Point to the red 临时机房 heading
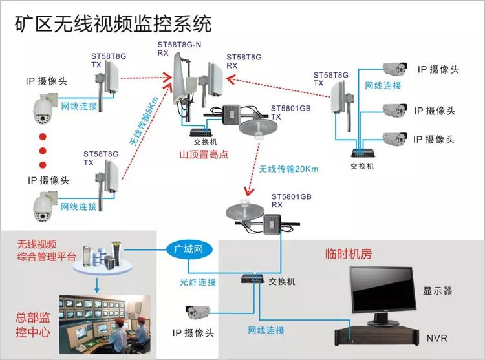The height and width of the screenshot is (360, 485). (x=348, y=254)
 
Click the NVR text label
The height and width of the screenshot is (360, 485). (x=436, y=338)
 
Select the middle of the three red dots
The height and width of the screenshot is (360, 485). (x=43, y=151)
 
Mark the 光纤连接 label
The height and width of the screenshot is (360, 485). (x=198, y=282)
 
